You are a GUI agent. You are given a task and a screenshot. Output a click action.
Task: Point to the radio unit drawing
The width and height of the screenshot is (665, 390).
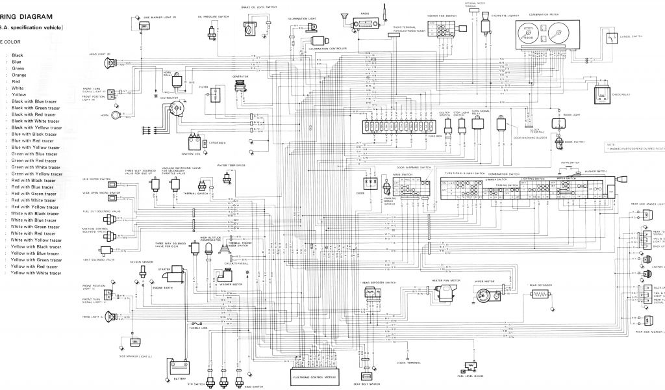pyautogui.click(x=365, y=25)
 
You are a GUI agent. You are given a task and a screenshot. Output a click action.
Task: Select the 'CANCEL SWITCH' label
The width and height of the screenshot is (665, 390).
pyautogui.click(x=632, y=37)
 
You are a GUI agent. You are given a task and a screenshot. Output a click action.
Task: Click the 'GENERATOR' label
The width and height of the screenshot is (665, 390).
pyautogui.click(x=241, y=76)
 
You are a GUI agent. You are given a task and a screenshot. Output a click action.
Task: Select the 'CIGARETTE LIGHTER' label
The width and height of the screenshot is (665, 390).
pyautogui.click(x=490, y=12)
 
